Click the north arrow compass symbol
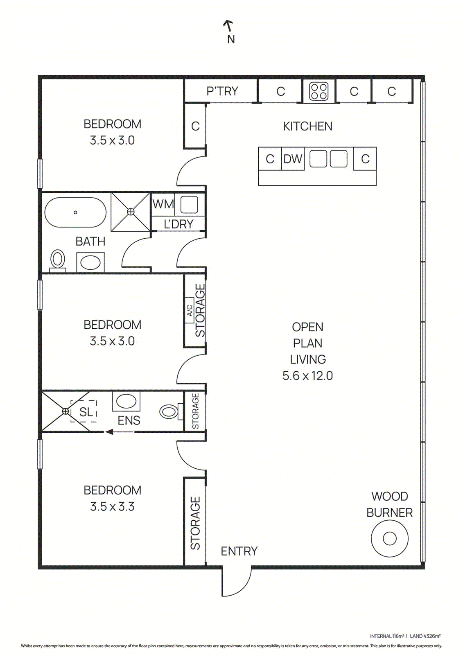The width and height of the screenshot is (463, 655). (228, 27)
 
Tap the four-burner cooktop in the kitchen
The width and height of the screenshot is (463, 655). (318, 91)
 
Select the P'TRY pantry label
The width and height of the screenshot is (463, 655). (222, 91)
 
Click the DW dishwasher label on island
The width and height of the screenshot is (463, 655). (293, 159)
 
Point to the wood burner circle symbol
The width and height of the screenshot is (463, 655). (389, 538)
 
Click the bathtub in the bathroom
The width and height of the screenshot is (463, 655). (75, 212)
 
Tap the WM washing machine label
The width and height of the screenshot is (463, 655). (163, 204)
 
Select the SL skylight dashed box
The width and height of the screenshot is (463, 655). (84, 411)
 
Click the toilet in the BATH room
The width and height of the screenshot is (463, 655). (58, 261)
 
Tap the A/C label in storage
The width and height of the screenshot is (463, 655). (190, 310)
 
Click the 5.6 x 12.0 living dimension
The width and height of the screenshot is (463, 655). (307, 376)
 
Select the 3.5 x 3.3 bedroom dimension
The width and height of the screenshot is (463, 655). (112, 507)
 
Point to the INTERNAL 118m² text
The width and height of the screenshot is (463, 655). (387, 636)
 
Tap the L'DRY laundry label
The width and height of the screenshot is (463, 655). (178, 224)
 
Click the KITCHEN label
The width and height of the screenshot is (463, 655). (307, 126)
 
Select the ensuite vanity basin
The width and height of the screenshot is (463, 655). (126, 401)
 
